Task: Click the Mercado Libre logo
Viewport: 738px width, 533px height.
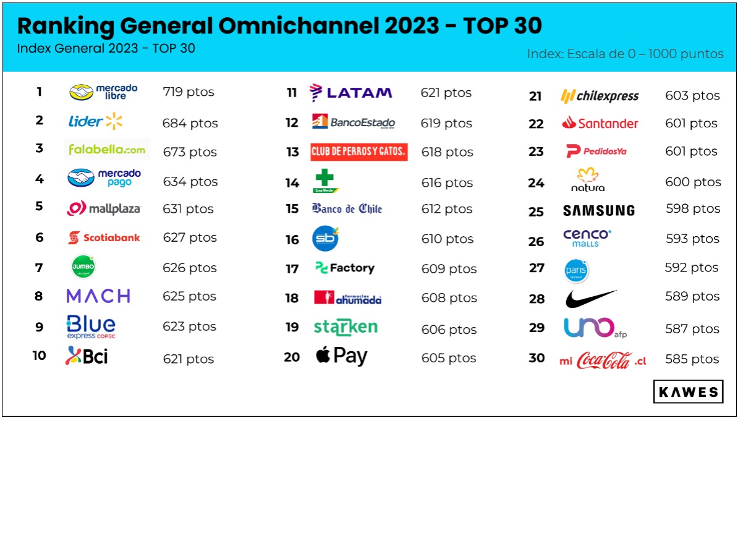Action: [103, 92]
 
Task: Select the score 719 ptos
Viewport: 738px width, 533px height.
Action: [189, 92]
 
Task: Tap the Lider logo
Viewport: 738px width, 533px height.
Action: [95, 121]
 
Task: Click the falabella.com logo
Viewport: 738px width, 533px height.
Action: [107, 150]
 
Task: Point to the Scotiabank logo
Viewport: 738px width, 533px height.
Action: [104, 237]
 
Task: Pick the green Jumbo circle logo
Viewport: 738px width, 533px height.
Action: [83, 267]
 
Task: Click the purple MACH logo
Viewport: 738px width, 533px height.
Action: [98, 296]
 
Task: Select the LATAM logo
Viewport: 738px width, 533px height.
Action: [350, 93]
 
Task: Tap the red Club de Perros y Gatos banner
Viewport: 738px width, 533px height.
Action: [358, 151]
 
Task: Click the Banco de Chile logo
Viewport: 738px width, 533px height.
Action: [347, 209]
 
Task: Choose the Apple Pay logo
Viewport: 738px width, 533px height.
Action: [341, 357]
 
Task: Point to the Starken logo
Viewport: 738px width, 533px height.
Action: [346, 327]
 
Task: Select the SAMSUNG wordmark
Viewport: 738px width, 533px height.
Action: [598, 211]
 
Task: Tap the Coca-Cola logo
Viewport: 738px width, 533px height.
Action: [603, 360]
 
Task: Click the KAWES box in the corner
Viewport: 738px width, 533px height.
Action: [688, 392]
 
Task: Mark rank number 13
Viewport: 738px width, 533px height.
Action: [292, 152]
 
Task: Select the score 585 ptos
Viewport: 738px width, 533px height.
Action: [692, 359]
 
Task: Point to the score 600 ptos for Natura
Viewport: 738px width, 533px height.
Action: [693, 182]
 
